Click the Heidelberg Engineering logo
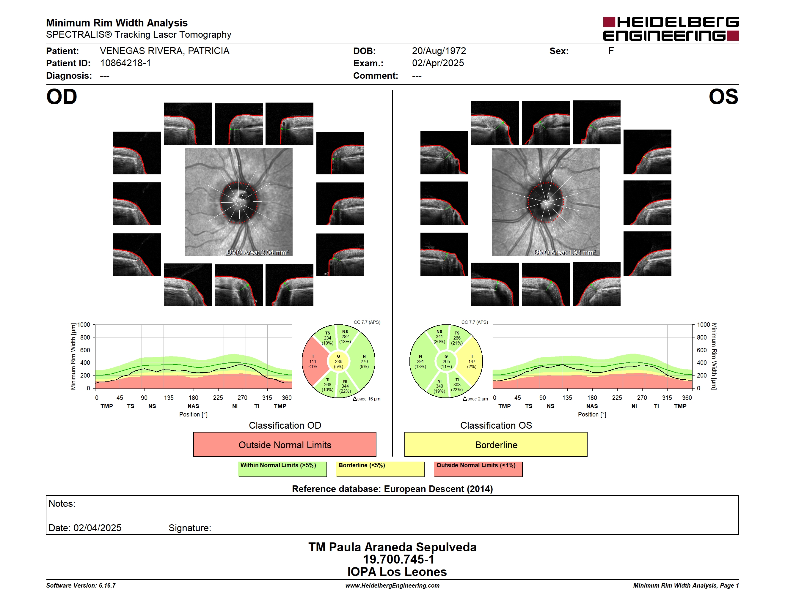point(671,29)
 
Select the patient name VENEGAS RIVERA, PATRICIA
point(165,51)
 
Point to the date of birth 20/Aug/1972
point(439,51)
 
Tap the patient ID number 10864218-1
point(125,63)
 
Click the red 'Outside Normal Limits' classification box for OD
point(285,444)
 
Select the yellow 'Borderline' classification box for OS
point(496,444)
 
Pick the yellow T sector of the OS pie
point(471,362)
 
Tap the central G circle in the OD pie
point(338,362)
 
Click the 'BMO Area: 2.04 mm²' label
point(257,252)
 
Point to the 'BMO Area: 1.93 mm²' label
point(565,252)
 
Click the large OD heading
point(62,97)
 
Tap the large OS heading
point(723,97)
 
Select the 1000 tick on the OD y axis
point(84,325)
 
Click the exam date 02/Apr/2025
point(438,63)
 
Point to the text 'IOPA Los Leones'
point(397,572)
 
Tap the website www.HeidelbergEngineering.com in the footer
point(392,586)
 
